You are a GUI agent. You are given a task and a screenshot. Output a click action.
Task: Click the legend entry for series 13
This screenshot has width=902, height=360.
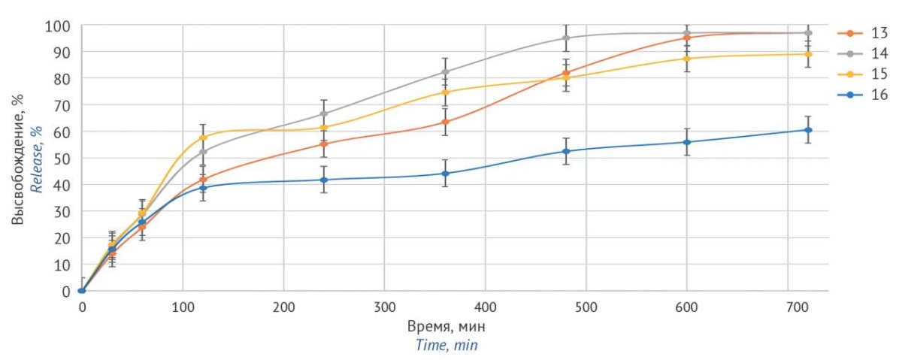click(864, 33)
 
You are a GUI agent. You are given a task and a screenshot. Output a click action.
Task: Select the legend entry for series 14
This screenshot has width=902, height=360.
click(864, 53)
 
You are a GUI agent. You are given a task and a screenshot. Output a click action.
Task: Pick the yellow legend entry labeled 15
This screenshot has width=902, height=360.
click(864, 74)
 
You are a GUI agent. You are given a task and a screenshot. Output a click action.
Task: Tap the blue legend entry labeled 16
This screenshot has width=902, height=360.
click(864, 94)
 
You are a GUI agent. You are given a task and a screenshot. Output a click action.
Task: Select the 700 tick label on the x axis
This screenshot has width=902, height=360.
click(787, 307)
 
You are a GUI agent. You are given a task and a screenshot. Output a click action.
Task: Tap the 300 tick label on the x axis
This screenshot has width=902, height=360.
click(384, 307)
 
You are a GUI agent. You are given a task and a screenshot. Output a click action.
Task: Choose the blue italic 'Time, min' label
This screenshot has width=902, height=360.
click(447, 345)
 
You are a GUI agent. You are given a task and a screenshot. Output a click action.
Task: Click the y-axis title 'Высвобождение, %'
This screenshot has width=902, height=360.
click(18, 159)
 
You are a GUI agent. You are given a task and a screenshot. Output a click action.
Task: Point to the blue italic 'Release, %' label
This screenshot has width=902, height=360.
click(35, 159)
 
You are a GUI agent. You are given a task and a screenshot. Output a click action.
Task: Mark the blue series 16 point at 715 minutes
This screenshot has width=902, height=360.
click(808, 130)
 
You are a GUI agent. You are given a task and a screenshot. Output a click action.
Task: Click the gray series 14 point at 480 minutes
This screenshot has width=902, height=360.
click(566, 38)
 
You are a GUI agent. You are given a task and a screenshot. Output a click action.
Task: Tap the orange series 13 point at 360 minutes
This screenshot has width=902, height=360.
click(445, 122)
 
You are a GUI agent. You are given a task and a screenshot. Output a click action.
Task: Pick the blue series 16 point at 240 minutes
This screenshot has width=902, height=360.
click(324, 180)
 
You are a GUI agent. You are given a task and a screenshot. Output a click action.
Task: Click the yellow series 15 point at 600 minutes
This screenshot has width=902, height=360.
click(686, 59)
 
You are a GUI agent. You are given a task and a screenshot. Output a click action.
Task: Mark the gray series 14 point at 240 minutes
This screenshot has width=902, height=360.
click(324, 113)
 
